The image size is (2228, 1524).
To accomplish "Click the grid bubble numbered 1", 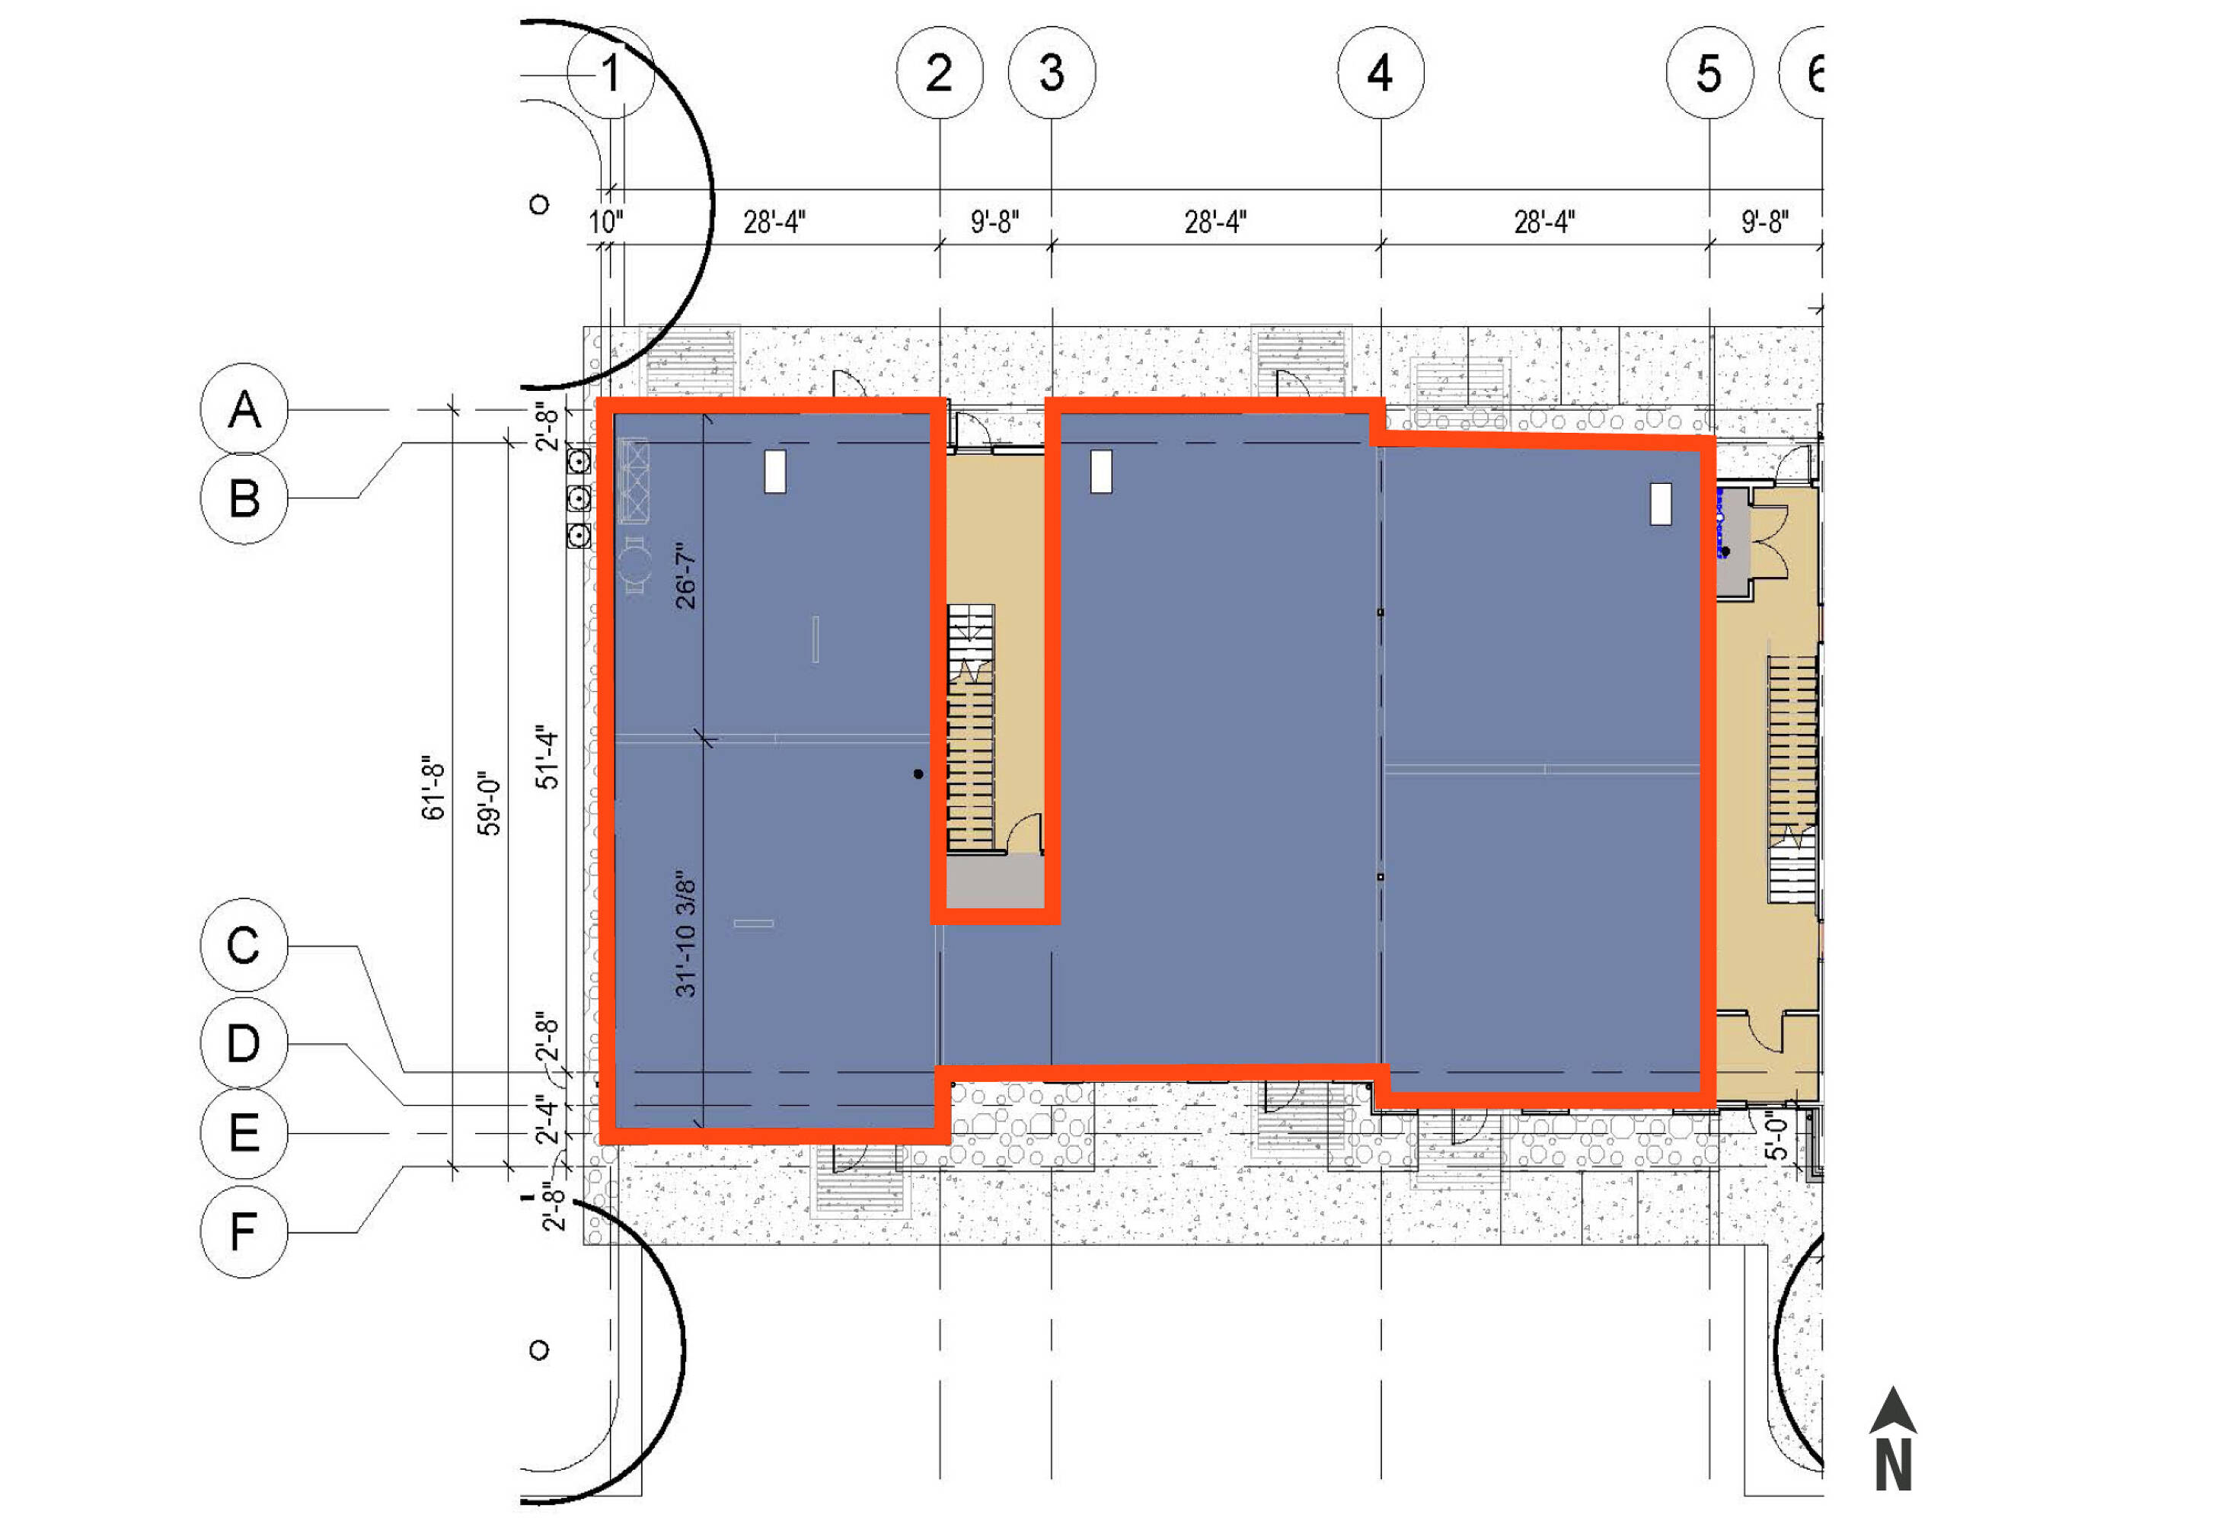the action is coord(611,73).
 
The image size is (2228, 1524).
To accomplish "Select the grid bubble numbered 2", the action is coord(940,73).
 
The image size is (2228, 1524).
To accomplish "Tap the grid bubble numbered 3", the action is coord(1052,73).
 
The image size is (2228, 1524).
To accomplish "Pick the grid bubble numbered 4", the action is coord(1381,73).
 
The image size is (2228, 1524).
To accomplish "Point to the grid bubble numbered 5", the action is coord(1709,73).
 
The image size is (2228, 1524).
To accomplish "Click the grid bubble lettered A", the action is coord(244,409).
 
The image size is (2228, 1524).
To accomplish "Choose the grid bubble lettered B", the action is coord(244,498).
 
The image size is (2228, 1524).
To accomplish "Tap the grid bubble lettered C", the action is coord(244,946).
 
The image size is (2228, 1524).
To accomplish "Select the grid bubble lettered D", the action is coord(244,1043).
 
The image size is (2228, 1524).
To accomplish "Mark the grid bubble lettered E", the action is coord(244,1132).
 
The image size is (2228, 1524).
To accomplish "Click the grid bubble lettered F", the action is coord(244,1231).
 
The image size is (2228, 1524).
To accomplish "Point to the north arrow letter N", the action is coord(1894,1465).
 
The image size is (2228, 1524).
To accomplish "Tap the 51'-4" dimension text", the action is coord(547,757).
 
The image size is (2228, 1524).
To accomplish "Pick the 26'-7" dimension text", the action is coord(685,576).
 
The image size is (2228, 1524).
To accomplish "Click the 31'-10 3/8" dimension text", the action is coord(685,935).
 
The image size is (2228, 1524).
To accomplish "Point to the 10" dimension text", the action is coord(606,223).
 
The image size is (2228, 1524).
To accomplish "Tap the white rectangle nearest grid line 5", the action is coord(1661,504).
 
